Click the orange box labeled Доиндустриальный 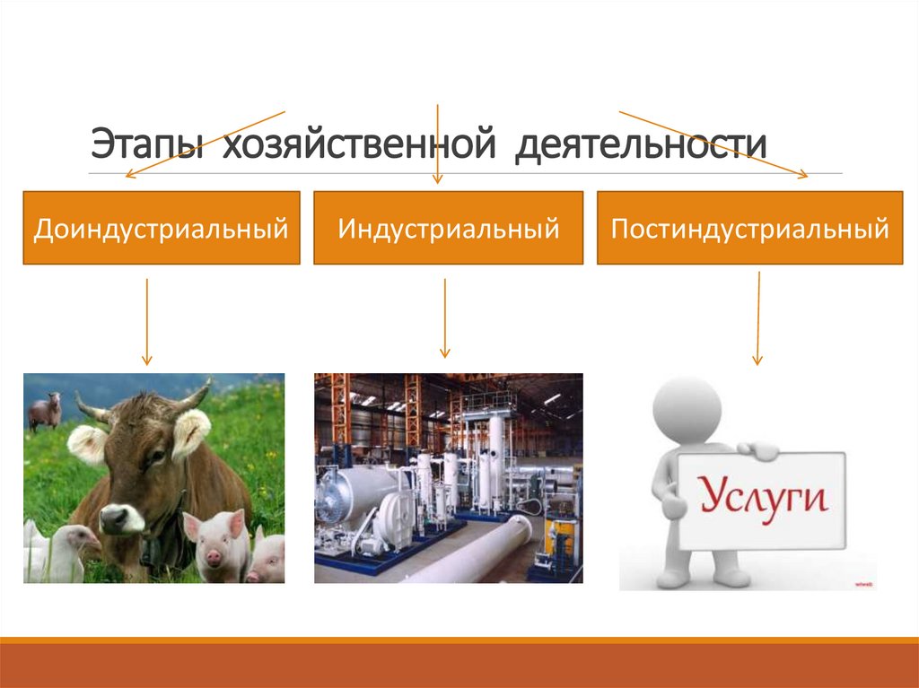pos(162,227)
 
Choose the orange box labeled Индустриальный pos(449,227)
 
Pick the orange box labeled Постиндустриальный pos(750,227)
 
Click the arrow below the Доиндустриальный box pos(147,322)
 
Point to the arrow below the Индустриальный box pos(445,318)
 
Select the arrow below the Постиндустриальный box pos(757,318)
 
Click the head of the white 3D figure pos(687,409)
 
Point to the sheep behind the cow pos(45,411)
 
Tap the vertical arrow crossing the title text pos(437,144)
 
